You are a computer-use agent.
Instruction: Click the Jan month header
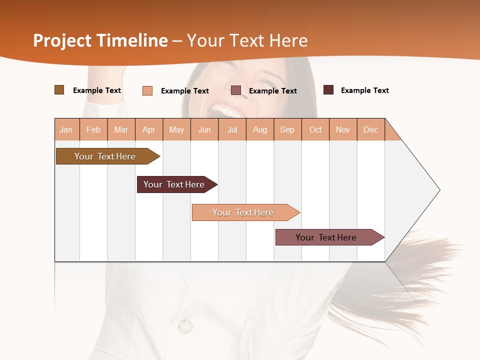(66, 129)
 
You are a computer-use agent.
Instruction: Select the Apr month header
(149, 129)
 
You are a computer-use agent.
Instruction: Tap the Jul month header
(232, 129)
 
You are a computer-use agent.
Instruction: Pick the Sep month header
(287, 129)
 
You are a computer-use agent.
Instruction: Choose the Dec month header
(370, 129)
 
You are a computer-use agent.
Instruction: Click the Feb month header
(93, 129)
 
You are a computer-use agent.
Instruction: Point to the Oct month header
(315, 129)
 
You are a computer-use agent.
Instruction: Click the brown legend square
(59, 90)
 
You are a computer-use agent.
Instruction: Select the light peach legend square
(147, 90)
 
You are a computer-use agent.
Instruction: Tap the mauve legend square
(236, 90)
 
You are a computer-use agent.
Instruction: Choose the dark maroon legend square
(328, 90)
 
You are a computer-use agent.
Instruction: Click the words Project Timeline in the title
(100, 40)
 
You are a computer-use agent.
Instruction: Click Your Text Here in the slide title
(247, 40)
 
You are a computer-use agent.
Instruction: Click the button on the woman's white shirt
(185, 326)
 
